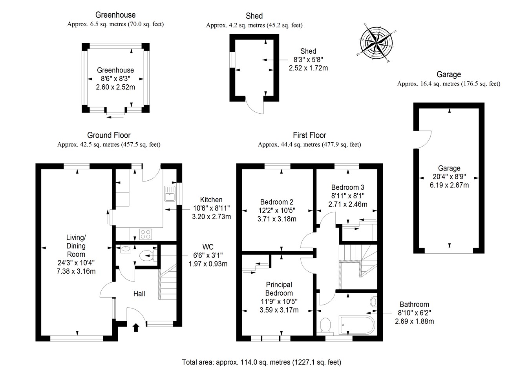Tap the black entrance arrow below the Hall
point(136,327)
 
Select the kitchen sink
point(170,194)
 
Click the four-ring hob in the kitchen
point(145,234)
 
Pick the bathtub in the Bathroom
point(357,325)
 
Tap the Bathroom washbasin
point(373,302)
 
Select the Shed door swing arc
point(255,106)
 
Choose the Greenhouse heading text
point(115,15)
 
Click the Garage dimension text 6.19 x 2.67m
point(449,185)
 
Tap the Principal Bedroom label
point(279,289)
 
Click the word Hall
point(139,294)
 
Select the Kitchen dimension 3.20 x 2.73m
point(211,216)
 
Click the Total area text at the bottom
point(261,362)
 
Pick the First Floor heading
point(309,135)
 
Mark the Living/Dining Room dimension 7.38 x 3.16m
point(76,271)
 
